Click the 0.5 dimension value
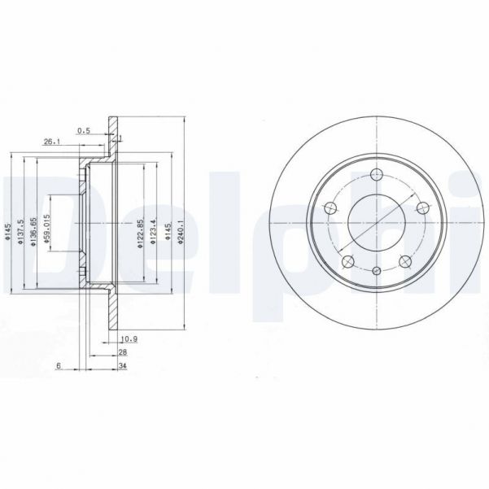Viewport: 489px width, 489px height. coord(83,130)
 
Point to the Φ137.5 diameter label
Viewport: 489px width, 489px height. coord(20,232)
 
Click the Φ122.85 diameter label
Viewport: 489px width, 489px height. coord(140,232)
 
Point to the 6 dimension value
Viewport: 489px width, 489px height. coord(59,366)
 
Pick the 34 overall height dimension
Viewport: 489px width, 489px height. coord(123,366)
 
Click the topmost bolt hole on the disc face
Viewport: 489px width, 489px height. coord(377,174)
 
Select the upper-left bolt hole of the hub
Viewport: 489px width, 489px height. coord(330,209)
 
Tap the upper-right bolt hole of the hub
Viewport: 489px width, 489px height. coord(423,209)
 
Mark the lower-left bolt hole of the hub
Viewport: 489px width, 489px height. coord(347,262)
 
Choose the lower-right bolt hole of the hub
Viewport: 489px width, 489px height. coord(404,262)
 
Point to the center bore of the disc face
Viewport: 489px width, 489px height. coord(377,222)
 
